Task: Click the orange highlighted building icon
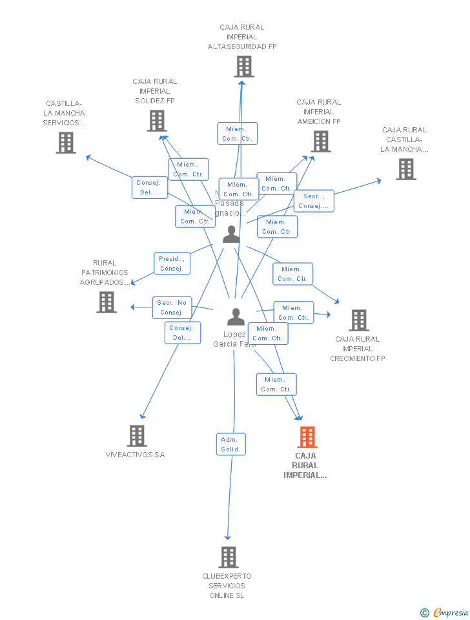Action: [307, 437]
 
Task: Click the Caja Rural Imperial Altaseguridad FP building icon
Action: [243, 67]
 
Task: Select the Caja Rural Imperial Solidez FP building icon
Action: [157, 121]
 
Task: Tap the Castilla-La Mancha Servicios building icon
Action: [66, 143]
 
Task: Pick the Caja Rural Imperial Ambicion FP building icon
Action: [321, 141]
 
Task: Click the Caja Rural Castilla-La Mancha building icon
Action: [406, 169]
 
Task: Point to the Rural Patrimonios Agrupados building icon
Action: [107, 302]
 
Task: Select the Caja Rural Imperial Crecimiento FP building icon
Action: [358, 320]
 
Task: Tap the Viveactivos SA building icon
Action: [137, 436]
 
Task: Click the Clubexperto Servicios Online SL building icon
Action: [229, 557]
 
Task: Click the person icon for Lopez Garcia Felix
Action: [236, 316]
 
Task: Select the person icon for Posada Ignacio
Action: [231, 234]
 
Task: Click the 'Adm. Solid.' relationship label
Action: [230, 444]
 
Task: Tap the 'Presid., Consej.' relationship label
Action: [172, 263]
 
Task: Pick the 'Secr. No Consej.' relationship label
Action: [172, 307]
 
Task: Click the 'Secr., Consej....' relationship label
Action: [314, 201]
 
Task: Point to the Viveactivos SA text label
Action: [135, 455]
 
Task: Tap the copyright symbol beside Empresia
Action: [425, 613]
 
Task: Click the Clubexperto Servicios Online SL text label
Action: [227, 586]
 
